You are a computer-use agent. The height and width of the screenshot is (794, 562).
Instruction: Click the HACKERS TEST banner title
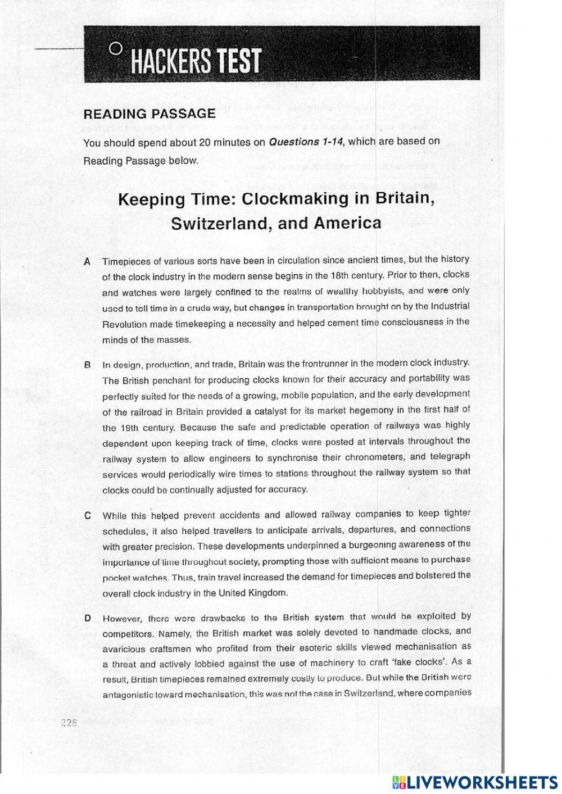(196, 61)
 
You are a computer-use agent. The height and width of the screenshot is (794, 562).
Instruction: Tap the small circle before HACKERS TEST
(115, 48)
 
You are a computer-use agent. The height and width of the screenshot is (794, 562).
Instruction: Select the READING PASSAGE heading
(149, 114)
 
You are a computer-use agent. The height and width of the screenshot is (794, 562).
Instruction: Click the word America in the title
(347, 223)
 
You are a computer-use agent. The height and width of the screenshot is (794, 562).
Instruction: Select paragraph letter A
(87, 261)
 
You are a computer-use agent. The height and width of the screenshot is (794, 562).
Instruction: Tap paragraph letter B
(87, 365)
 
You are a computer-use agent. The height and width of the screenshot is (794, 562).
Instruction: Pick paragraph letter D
(87, 618)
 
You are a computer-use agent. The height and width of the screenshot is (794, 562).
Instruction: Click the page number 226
(68, 723)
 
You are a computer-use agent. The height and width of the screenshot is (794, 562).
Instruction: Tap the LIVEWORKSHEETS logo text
(482, 782)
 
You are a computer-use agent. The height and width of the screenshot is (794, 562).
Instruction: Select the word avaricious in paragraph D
(124, 648)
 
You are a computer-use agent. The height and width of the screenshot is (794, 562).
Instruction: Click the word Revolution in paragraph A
(124, 325)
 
